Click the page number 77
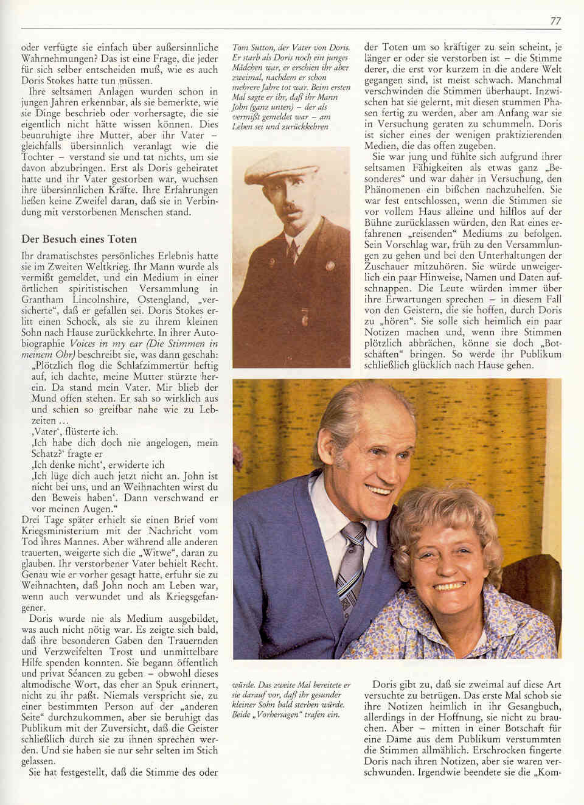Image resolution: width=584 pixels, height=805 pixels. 555,21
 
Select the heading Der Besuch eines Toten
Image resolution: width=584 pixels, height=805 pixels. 79,239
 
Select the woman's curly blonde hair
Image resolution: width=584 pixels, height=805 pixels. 438,523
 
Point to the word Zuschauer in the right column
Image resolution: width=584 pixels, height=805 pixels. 387,267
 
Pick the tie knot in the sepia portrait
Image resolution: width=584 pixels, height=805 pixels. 293,244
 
